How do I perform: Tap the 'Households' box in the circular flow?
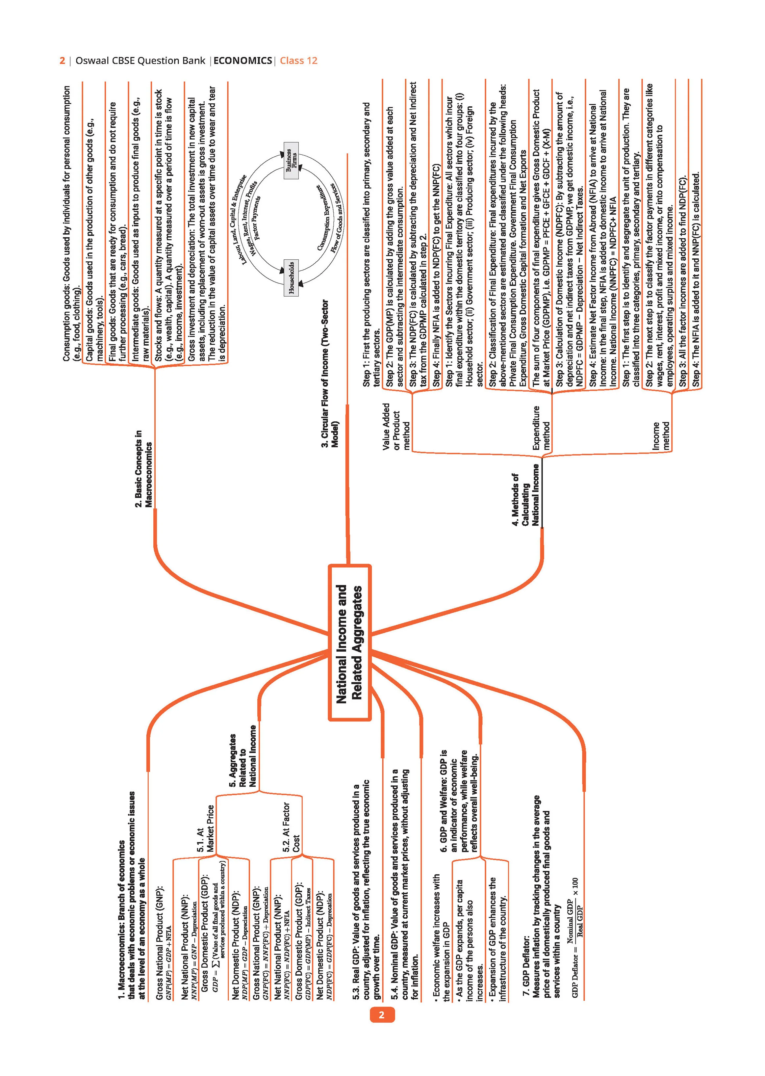[x=292, y=277]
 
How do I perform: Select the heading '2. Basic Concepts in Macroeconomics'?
[x=144, y=468]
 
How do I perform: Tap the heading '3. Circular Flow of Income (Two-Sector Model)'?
[x=330, y=374]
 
